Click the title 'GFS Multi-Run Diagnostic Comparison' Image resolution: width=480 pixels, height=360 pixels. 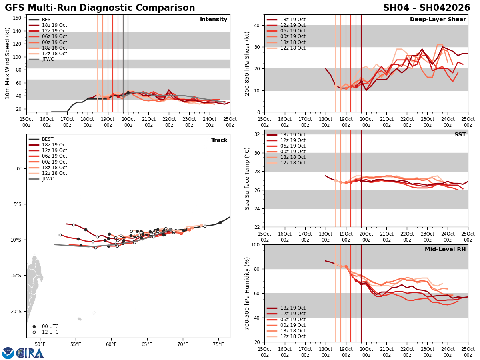coord(100,8)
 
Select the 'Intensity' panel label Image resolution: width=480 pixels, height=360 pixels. coord(214,20)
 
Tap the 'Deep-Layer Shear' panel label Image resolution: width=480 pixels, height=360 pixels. coord(438,20)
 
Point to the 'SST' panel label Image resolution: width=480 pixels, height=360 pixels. coord(460,135)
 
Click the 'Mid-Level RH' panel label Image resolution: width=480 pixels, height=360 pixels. coord(445,250)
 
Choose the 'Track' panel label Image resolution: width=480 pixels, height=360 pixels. coord(219,140)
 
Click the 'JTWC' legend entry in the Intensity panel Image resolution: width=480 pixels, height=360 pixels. coord(48,59)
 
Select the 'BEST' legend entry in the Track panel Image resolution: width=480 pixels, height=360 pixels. coord(48,139)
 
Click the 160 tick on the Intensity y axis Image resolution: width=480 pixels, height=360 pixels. coord(18,18)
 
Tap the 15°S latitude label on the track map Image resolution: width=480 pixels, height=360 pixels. coord(16,275)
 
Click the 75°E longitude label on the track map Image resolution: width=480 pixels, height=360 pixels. coord(218,344)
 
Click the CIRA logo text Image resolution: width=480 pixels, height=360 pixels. coord(30,353)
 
